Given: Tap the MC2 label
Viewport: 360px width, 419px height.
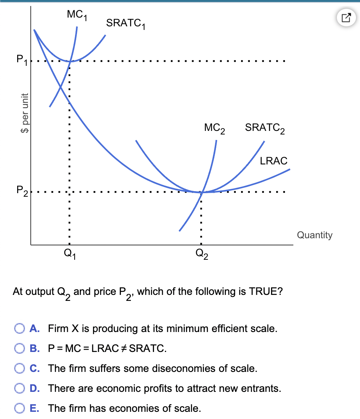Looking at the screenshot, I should pyautogui.click(x=215, y=128).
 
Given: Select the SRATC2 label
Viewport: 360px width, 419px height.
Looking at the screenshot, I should pyautogui.click(x=265, y=128).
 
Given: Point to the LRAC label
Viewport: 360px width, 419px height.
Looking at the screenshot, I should pyautogui.click(x=273, y=161).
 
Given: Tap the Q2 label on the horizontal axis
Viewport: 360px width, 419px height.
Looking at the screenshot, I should pyautogui.click(x=202, y=253).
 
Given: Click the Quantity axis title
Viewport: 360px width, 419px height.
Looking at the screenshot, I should pyautogui.click(x=315, y=235).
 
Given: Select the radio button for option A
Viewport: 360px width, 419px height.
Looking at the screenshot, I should pyautogui.click(x=20, y=329).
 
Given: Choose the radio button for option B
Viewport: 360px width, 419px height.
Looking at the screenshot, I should pyautogui.click(x=20, y=349).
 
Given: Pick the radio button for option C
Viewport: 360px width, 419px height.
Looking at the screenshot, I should pyautogui.click(x=20, y=368).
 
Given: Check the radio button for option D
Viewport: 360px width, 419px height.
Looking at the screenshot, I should pyautogui.click(x=20, y=388).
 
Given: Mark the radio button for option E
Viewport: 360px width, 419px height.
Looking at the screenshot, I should pyautogui.click(x=20, y=408).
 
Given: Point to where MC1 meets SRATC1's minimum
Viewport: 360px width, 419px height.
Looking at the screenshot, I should pyautogui.click(x=70, y=61).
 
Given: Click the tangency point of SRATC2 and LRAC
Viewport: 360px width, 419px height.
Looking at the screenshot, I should pyautogui.click(x=202, y=192).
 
